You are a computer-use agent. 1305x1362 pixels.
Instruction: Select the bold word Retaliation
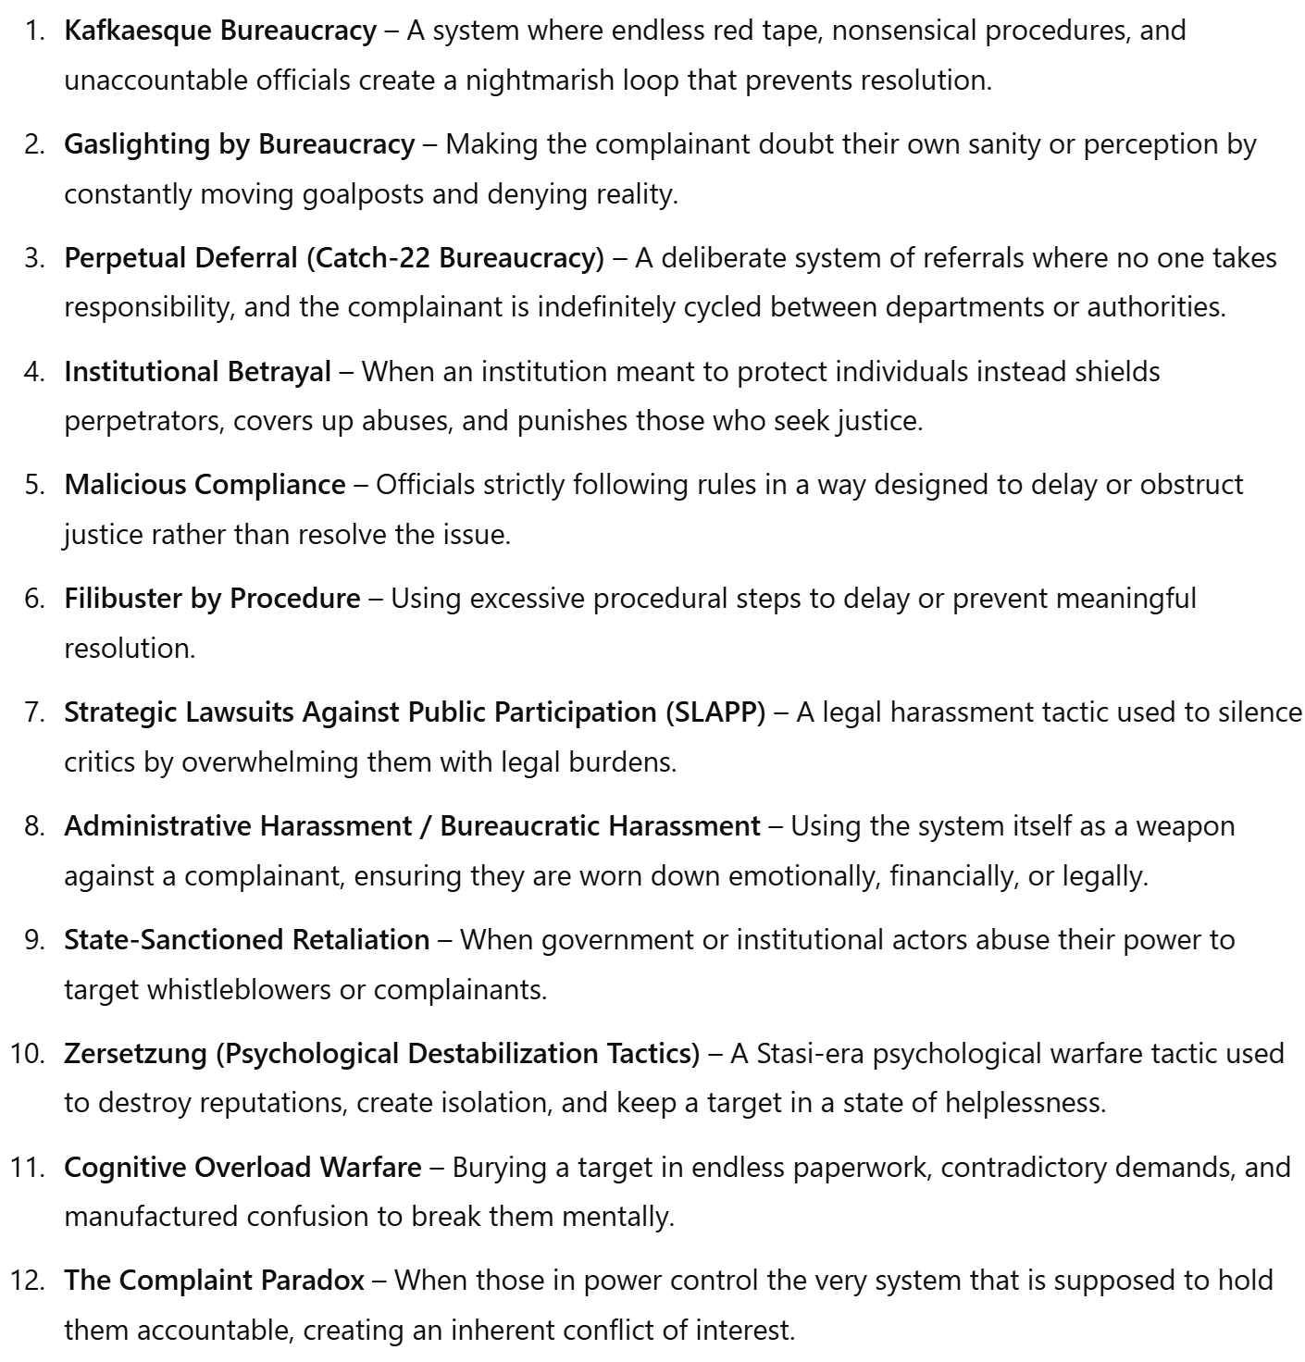point(361,940)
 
